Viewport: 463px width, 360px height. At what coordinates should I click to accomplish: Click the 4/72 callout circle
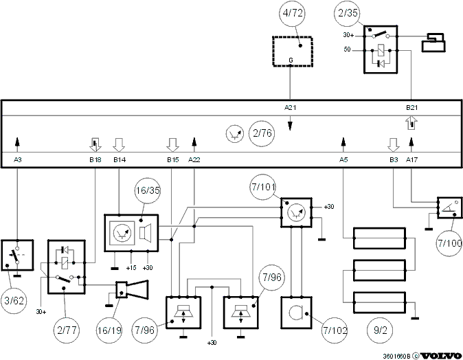click(x=293, y=13)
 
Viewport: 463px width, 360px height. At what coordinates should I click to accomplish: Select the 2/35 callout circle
click(x=348, y=13)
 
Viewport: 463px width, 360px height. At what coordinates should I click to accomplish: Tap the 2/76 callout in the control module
click(x=262, y=133)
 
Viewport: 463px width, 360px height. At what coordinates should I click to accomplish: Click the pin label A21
click(x=291, y=108)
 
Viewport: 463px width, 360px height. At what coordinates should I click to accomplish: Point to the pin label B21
click(x=411, y=108)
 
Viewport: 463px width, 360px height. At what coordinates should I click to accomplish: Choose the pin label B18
click(x=95, y=160)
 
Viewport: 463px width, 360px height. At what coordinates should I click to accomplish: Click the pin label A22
click(x=194, y=160)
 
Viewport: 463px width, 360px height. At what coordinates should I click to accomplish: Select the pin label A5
click(x=343, y=160)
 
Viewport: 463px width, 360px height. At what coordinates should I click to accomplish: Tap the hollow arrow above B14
click(x=119, y=145)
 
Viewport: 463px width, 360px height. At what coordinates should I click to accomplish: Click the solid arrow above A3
click(x=17, y=145)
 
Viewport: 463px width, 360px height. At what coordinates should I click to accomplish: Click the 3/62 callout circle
click(x=14, y=301)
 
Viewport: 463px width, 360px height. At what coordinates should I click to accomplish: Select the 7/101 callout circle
click(x=263, y=187)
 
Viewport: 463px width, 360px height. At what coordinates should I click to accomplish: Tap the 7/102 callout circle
click(x=335, y=330)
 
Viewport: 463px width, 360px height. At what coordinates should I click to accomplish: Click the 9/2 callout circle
click(x=380, y=330)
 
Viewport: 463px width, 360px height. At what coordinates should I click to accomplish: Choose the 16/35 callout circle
click(x=147, y=190)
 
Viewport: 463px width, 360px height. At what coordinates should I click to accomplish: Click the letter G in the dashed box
click(x=291, y=60)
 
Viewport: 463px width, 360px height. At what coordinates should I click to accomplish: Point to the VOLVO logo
click(x=440, y=356)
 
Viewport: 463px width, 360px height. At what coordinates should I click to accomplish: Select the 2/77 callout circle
click(x=67, y=330)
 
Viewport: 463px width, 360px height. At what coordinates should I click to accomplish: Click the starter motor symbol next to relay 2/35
click(x=433, y=43)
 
